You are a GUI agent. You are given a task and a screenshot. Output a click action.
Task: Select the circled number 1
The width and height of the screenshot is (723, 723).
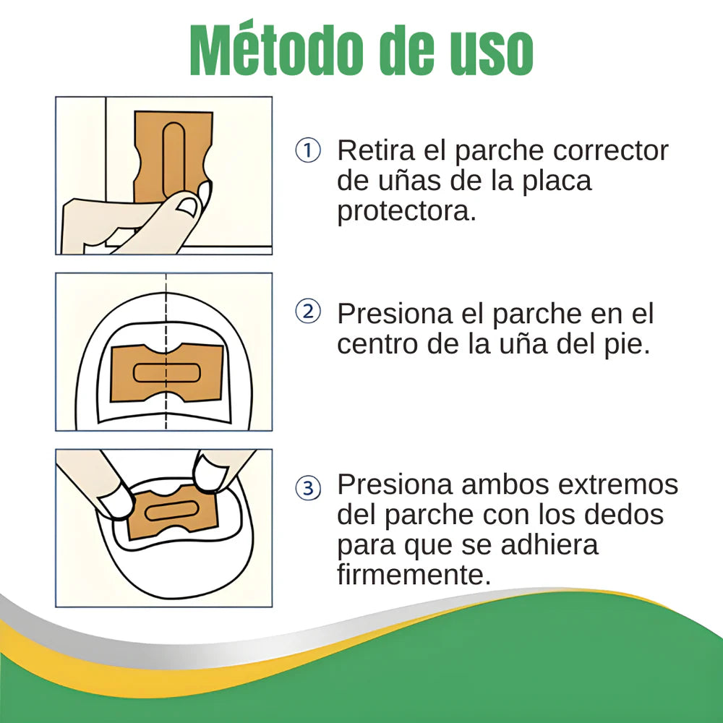(308, 151)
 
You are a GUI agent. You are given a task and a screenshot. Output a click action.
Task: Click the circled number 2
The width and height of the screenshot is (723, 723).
(308, 312)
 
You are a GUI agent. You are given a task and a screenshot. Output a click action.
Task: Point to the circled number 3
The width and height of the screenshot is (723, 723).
(308, 489)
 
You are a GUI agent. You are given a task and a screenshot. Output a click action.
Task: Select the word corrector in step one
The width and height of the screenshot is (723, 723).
(610, 151)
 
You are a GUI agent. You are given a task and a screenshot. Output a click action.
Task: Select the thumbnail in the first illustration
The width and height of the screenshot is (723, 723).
(187, 206)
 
